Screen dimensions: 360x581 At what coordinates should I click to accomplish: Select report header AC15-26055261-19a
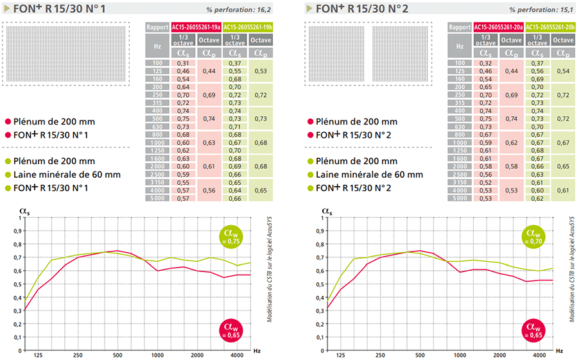click(196, 28)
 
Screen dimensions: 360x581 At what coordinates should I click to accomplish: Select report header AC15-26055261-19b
click(248, 28)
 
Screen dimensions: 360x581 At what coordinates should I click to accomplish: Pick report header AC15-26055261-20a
click(498, 28)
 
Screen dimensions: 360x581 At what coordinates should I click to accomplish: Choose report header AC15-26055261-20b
click(550, 28)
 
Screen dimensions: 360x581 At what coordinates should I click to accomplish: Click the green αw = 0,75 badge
click(233, 237)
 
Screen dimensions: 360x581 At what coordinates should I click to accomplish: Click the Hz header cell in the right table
click(460, 46)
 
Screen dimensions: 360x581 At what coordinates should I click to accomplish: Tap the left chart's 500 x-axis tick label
click(117, 355)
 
